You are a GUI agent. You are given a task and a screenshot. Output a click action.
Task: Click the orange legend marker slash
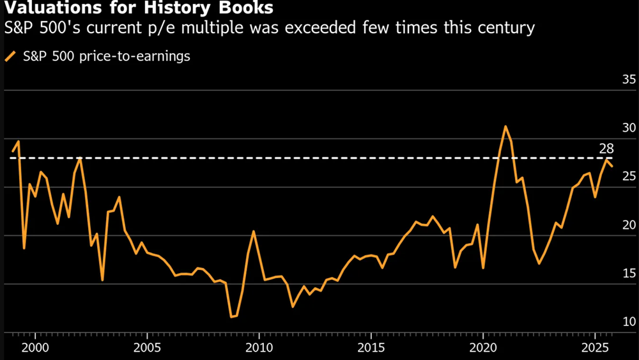click(10, 56)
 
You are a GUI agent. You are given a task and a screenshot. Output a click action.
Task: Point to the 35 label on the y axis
click(611, 80)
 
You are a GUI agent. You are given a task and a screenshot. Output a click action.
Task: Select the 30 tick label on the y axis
click(611, 128)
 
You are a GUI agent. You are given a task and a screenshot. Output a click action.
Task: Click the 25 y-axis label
click(611, 176)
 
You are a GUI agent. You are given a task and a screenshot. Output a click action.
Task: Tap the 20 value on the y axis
click(611, 225)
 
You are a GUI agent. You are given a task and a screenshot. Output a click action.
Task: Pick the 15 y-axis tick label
click(611, 274)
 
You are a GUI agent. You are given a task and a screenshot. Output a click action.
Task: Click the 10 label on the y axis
click(611, 322)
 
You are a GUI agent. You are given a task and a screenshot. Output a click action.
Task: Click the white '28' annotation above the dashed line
click(606, 149)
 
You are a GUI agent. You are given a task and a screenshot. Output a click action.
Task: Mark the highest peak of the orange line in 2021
click(505, 126)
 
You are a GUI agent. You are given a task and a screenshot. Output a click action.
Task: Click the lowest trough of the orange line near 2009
click(232, 317)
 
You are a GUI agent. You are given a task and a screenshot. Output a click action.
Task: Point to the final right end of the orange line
click(612, 166)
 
